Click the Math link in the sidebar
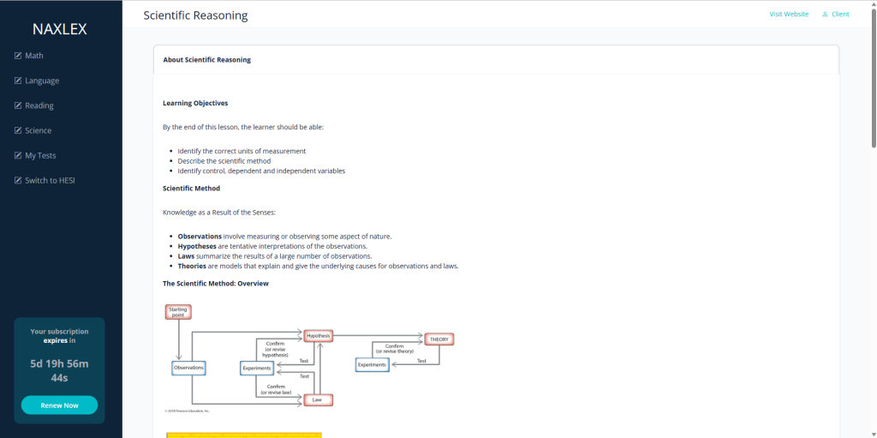point(33,56)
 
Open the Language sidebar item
point(41,81)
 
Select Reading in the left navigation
point(39,105)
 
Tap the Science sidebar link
point(38,130)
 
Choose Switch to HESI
point(50,180)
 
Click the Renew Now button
point(59,405)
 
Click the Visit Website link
point(789,14)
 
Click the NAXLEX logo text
point(60,29)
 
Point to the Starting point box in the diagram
point(178,312)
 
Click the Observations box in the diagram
point(188,368)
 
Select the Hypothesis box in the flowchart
point(318,336)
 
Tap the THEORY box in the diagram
point(438,339)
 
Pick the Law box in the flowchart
point(318,399)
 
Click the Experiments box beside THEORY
point(372,364)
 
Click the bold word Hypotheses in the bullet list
point(197,246)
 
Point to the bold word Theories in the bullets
point(192,266)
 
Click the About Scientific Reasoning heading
point(206,60)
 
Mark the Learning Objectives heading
point(195,103)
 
